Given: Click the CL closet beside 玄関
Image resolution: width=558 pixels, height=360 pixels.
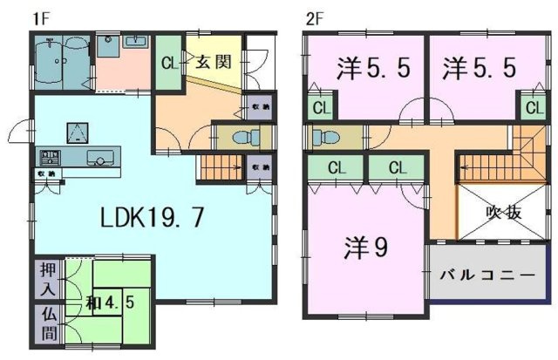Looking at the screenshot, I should [168, 64].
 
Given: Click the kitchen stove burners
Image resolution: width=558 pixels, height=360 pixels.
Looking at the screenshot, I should [48, 158].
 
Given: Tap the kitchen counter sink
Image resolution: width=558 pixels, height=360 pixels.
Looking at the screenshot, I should [99, 159].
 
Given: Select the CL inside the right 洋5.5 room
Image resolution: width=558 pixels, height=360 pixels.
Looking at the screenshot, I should [532, 108].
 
